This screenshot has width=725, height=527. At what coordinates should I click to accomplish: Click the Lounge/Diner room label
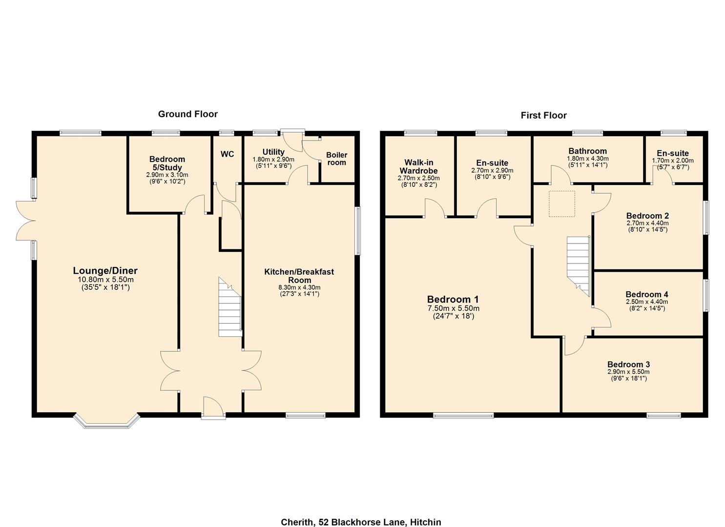point(105,271)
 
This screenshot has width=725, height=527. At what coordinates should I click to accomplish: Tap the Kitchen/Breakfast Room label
point(299,276)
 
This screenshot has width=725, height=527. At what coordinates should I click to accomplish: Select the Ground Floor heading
point(187,114)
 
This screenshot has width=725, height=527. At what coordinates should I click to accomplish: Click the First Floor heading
point(543,116)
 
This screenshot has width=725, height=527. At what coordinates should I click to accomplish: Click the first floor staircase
point(579,264)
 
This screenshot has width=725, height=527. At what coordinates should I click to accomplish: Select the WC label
point(227,154)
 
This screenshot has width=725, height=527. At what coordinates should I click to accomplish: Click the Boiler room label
point(336,159)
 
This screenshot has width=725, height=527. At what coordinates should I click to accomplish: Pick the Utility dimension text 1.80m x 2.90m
point(273,160)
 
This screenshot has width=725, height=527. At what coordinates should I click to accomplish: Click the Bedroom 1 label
point(453,300)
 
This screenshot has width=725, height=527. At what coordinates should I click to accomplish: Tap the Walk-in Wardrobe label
point(418,166)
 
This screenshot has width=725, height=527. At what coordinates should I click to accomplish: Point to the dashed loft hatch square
point(562,204)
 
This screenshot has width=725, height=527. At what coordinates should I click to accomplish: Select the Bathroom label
point(587,151)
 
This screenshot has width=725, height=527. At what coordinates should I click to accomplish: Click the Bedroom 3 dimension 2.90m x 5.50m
point(628,372)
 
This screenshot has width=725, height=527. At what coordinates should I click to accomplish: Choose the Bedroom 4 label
point(647,294)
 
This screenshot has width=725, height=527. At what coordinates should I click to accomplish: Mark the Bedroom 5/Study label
point(167,163)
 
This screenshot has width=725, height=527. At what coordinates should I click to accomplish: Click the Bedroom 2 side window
point(705,218)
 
